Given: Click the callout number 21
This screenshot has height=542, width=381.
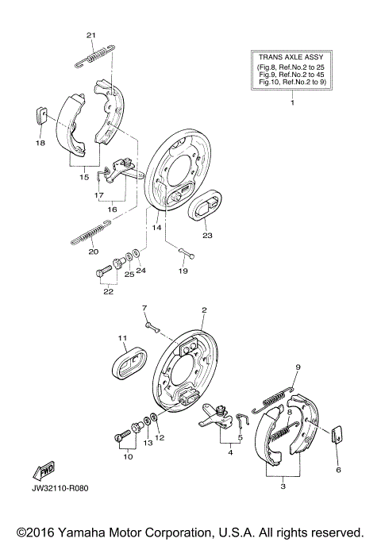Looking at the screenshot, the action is click(x=91, y=35).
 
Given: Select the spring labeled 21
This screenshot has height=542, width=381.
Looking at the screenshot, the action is click(x=94, y=56).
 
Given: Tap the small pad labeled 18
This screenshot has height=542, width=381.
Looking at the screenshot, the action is click(x=41, y=115).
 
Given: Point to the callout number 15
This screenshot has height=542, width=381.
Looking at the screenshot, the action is click(x=84, y=177).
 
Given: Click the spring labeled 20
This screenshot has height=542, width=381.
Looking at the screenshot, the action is click(x=91, y=232).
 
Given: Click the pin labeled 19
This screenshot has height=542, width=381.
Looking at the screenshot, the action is click(x=187, y=253).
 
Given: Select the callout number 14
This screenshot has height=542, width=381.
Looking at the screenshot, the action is click(x=156, y=228).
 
